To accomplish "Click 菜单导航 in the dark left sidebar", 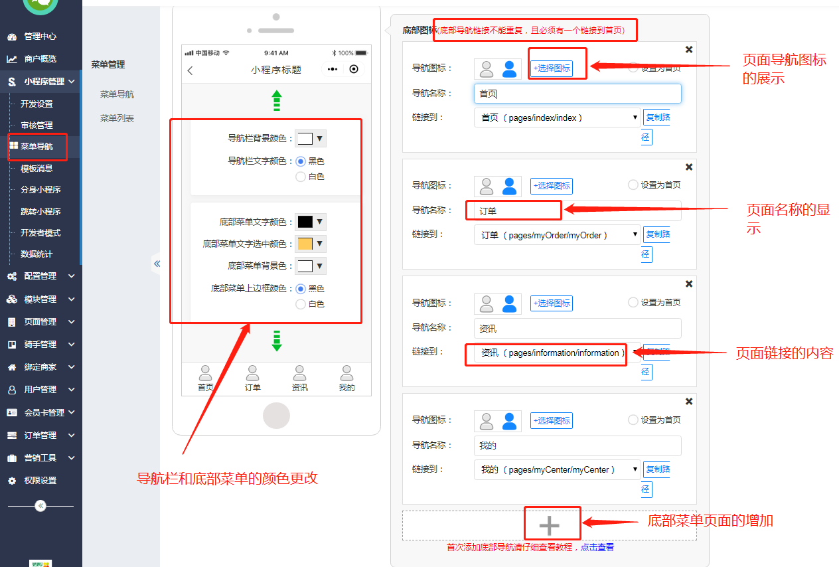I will (37, 147).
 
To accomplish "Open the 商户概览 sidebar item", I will (40, 59).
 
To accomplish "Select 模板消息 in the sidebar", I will (37, 169).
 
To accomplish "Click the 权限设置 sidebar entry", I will (40, 481).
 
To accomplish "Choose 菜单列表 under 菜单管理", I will (117, 118).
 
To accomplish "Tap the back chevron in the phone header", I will (191, 70).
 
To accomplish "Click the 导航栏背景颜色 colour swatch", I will (305, 139).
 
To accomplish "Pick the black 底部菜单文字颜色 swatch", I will (305, 222).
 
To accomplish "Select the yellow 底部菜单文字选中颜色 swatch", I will (305, 244).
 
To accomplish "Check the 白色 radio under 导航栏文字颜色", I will (301, 177).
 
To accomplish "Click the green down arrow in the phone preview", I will (277, 340).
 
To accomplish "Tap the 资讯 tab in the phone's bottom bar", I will (300, 379).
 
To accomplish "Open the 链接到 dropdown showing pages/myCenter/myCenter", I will (557, 470).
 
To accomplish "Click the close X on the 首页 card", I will (689, 50).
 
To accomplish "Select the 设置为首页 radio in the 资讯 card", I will (633, 302).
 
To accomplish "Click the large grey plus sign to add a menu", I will (549, 526).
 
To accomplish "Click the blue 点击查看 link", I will (597, 548).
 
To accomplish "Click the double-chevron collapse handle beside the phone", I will (157, 264).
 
